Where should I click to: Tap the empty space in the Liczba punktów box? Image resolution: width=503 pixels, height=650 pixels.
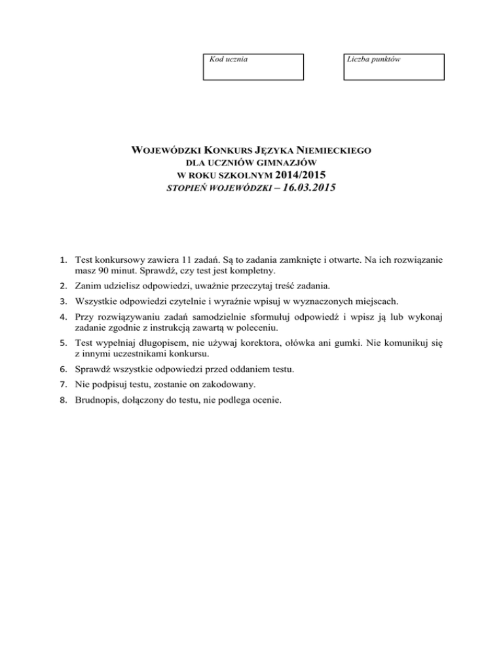pyautogui.click(x=394, y=71)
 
